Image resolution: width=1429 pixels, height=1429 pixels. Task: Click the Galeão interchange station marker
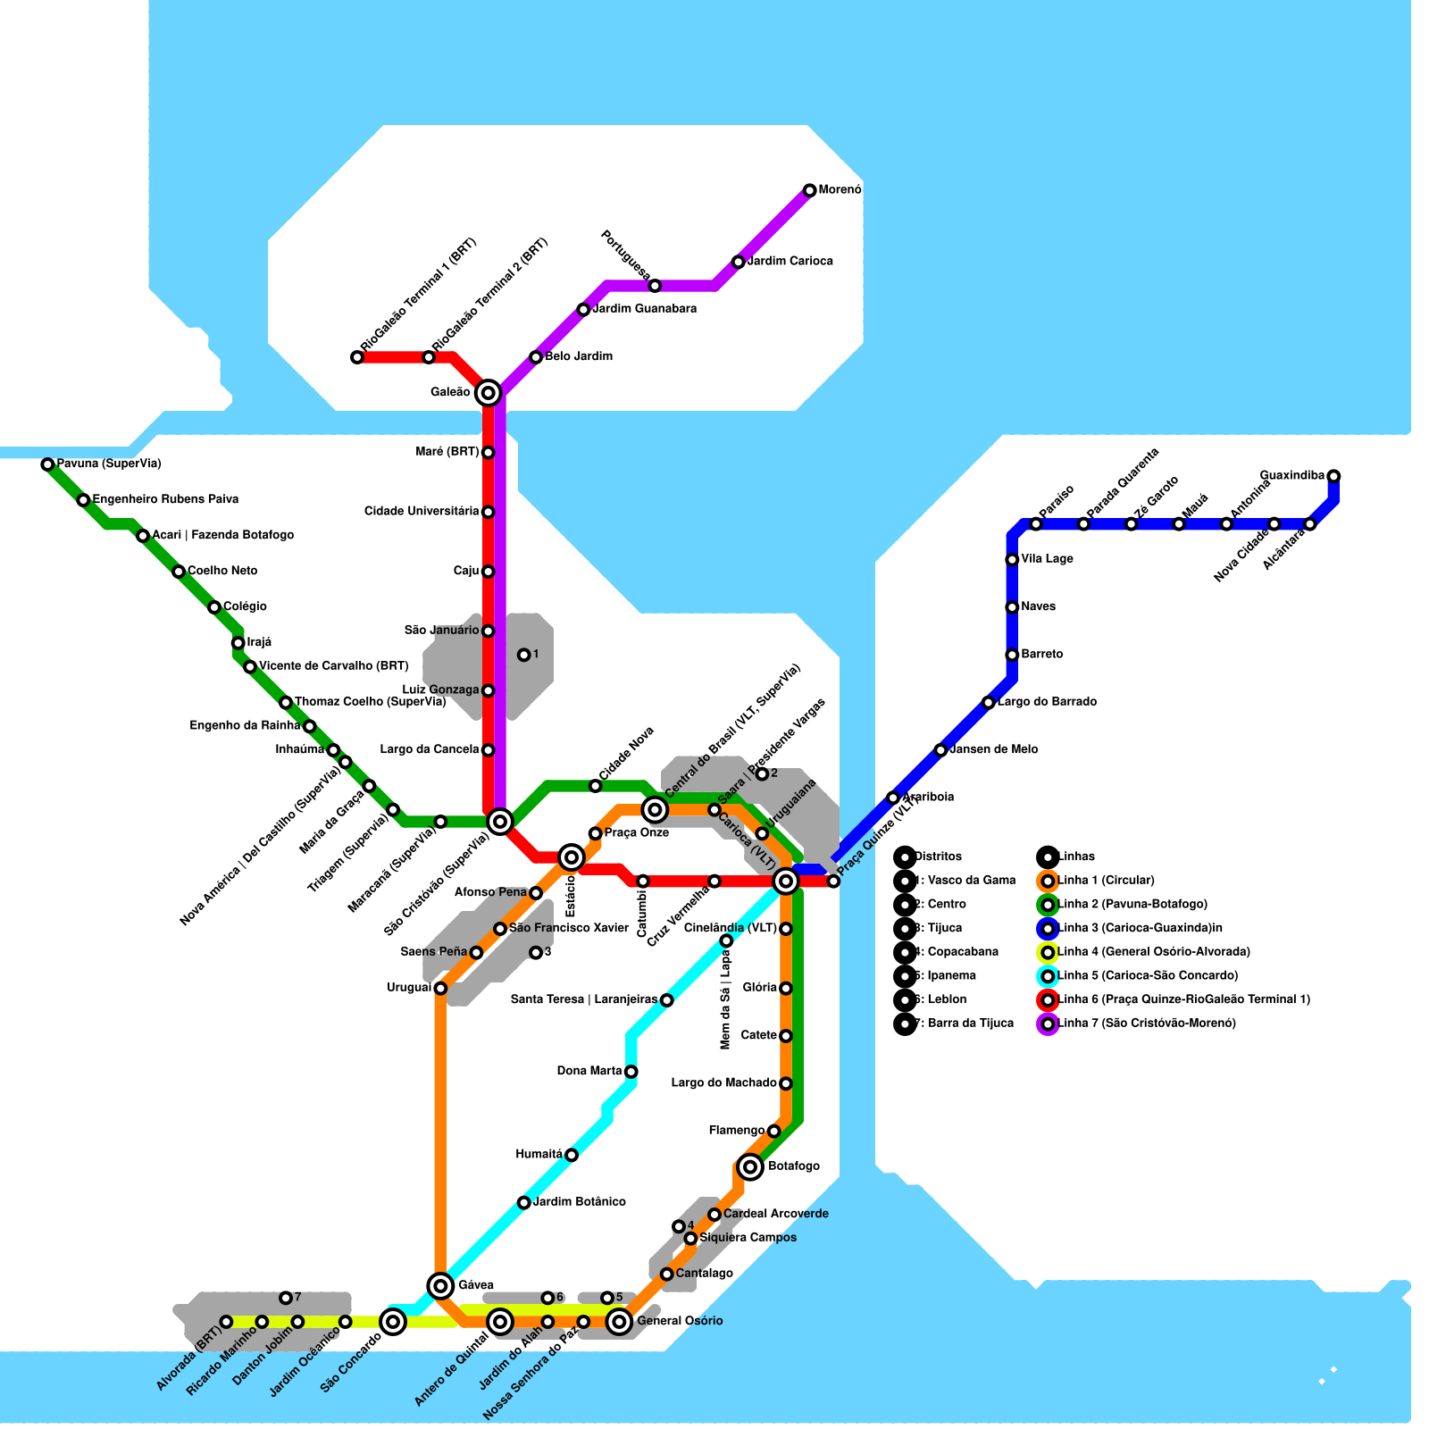pos(488,392)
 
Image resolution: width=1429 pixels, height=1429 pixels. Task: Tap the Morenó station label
pos(840,190)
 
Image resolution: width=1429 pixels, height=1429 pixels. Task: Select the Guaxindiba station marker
pos(1333,476)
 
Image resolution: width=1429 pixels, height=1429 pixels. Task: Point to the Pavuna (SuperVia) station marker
pos(47,464)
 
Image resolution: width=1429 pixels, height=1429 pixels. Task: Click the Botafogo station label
pos(793,1166)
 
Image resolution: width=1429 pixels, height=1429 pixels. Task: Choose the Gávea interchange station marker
pos(440,1285)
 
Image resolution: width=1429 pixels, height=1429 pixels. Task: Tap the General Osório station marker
pos(619,1321)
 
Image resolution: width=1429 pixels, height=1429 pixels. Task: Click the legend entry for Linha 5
pos(1147,976)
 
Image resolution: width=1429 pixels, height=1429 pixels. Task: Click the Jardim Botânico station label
pos(579,1202)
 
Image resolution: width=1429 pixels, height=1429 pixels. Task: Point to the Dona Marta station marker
pos(631,1072)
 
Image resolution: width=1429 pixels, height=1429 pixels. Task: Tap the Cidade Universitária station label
pos(422,512)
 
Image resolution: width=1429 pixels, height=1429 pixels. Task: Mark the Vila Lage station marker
pos(1012,560)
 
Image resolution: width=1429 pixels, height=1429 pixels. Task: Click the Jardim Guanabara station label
pos(644,309)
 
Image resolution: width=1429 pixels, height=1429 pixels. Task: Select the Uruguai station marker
pos(440,988)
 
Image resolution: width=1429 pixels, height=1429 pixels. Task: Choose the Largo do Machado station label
pos(723,1083)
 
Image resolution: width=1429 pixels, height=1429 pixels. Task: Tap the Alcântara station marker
pos(1309,524)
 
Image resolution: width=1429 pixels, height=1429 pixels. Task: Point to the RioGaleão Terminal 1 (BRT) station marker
pos(357,357)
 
